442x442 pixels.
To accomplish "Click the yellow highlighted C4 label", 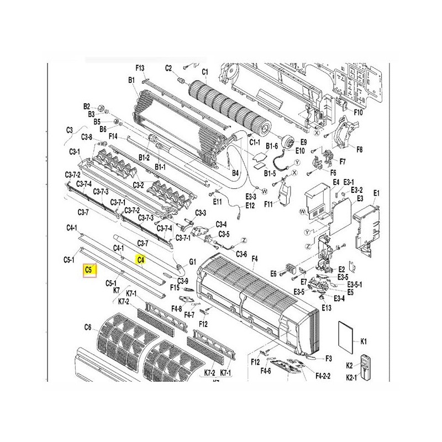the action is coord(141,260).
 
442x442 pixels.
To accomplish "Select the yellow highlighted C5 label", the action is coord(90,270).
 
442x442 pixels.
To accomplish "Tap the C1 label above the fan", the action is coord(205,72).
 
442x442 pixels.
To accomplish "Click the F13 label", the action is coord(140,68).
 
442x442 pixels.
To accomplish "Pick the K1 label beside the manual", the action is coord(364,341).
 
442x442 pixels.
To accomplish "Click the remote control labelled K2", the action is coord(366,367).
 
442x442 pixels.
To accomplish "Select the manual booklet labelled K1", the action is coord(346,336).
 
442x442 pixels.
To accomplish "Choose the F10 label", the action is coord(358,112).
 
